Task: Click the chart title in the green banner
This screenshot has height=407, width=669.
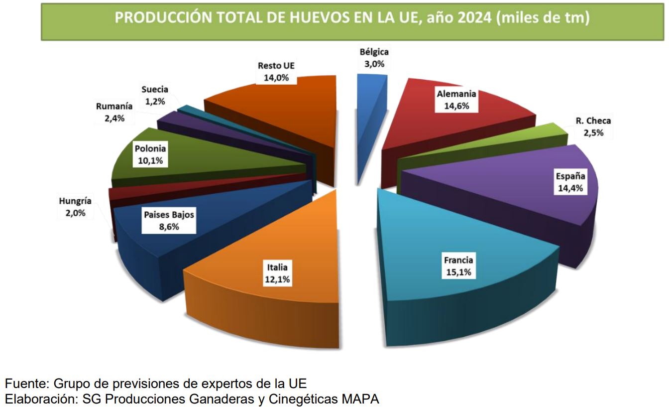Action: [x=352, y=18]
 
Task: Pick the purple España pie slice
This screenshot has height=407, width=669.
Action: [x=523, y=189]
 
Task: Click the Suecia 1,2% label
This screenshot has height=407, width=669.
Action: [x=154, y=95]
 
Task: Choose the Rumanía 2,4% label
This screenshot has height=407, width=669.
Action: [x=114, y=112]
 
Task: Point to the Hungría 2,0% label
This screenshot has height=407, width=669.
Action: [x=75, y=207]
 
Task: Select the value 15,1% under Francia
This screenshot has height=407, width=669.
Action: [x=458, y=272]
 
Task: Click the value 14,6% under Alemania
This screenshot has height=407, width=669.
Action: [x=456, y=106]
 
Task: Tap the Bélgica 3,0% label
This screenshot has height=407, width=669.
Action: [x=374, y=57]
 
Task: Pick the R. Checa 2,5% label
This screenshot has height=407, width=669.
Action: [x=593, y=127]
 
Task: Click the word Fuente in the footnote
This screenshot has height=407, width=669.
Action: [x=25, y=384]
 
